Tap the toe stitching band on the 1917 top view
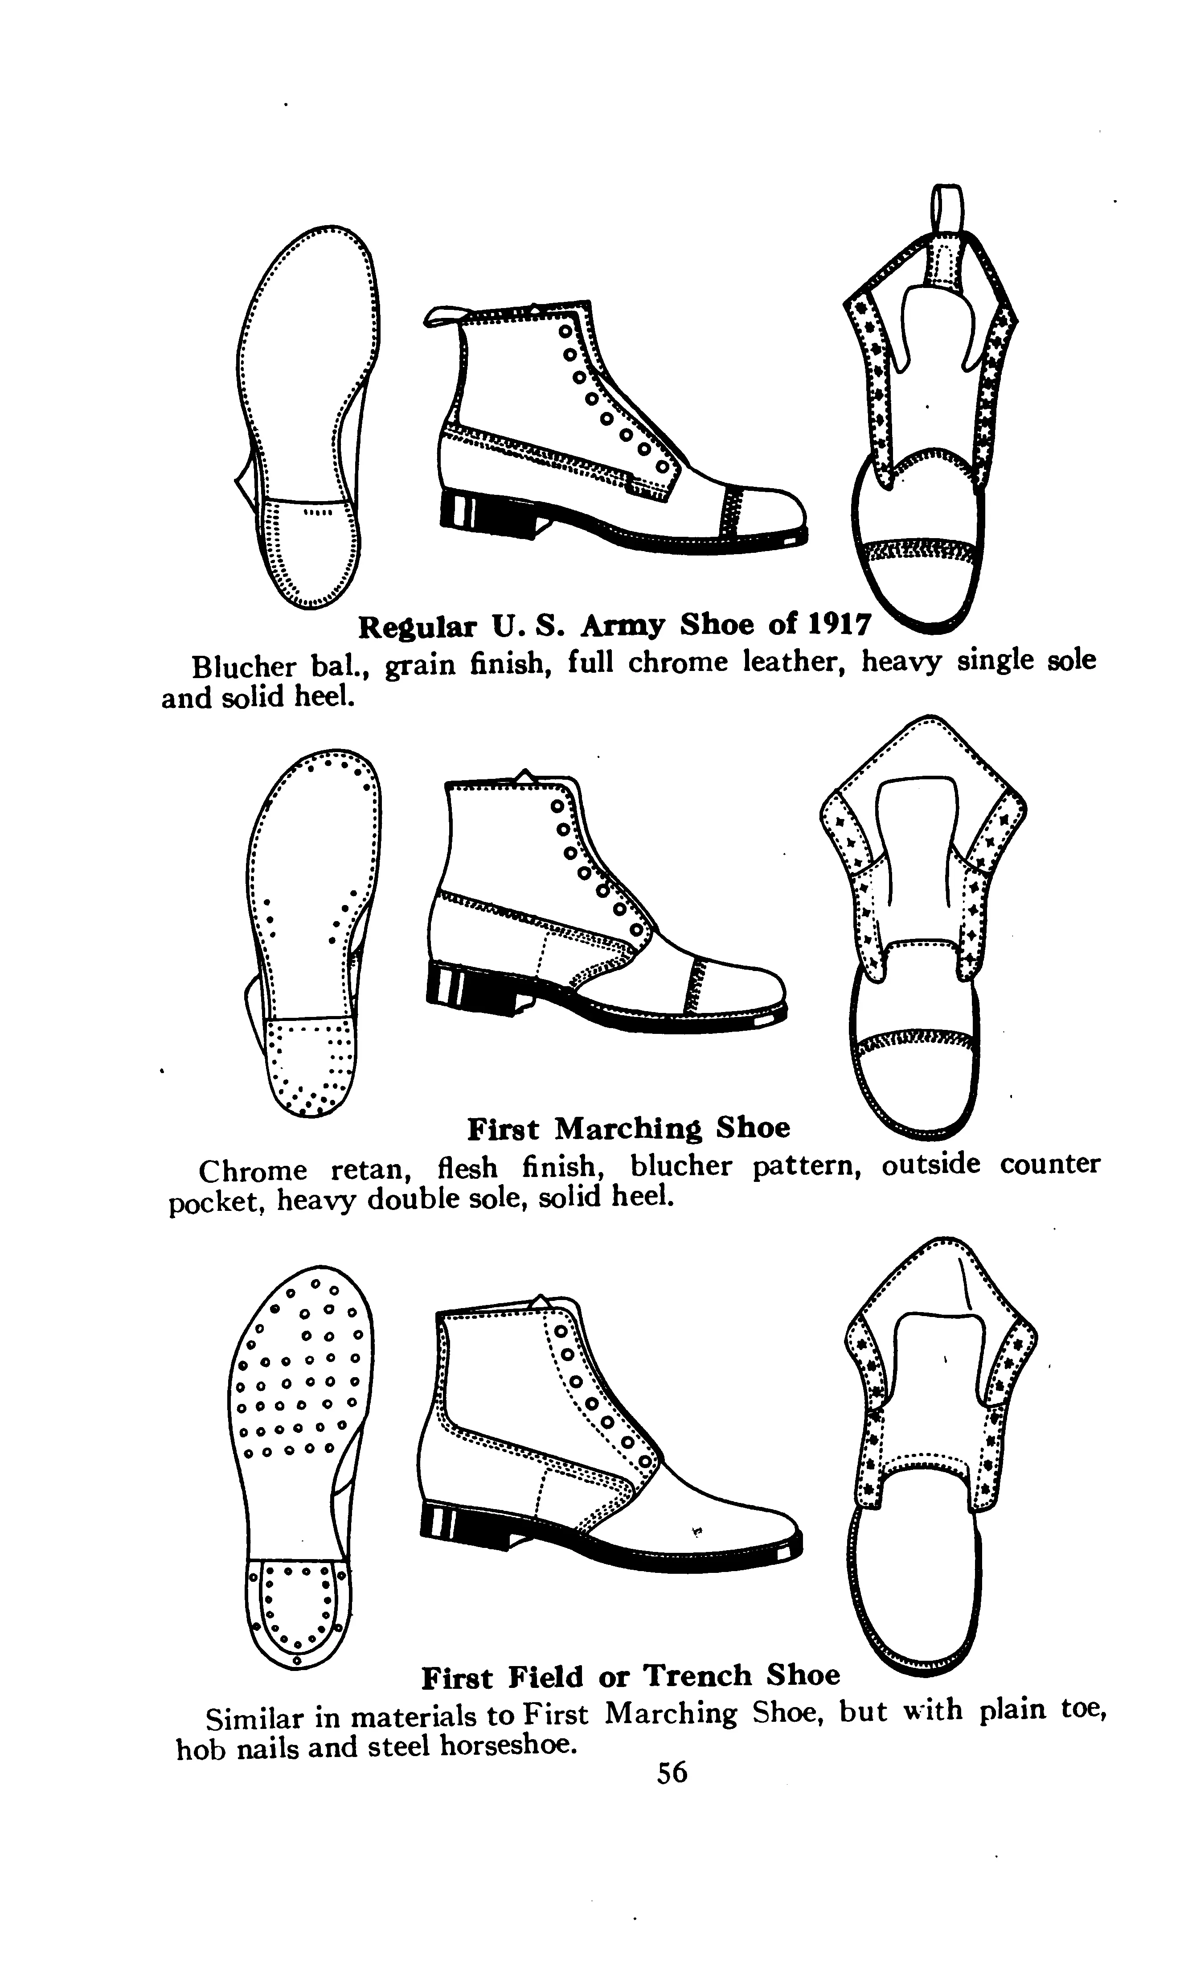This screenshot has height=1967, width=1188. pyautogui.click(x=918, y=551)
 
